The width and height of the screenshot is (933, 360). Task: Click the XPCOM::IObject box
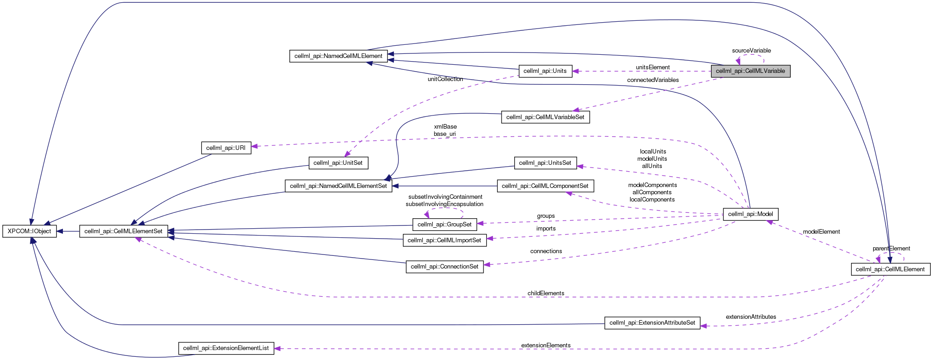tap(29, 231)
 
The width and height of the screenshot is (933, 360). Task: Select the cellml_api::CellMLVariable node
tap(750, 71)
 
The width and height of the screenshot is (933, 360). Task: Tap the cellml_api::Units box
tap(545, 71)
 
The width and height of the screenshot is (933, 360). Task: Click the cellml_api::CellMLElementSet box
tap(124, 231)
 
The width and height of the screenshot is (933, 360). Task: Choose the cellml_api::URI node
tap(225, 148)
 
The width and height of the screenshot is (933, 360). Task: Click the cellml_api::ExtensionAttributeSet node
tap(652, 323)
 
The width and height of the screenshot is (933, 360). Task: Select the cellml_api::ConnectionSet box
tap(444, 267)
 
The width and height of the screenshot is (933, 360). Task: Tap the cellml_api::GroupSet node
tap(444, 224)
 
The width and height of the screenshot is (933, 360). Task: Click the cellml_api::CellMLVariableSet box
tap(545, 117)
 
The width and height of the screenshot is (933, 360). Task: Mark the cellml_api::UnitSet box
tap(338, 163)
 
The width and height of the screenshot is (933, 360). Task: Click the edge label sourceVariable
tap(751, 51)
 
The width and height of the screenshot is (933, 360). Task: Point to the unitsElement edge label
tap(652, 67)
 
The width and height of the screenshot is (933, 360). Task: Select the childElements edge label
tap(545, 293)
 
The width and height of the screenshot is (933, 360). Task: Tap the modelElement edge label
tap(821, 232)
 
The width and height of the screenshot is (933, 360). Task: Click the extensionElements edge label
tap(545, 346)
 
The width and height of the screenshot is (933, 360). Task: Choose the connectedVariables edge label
tap(652, 80)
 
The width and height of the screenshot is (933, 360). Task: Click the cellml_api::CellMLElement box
tap(890, 269)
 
